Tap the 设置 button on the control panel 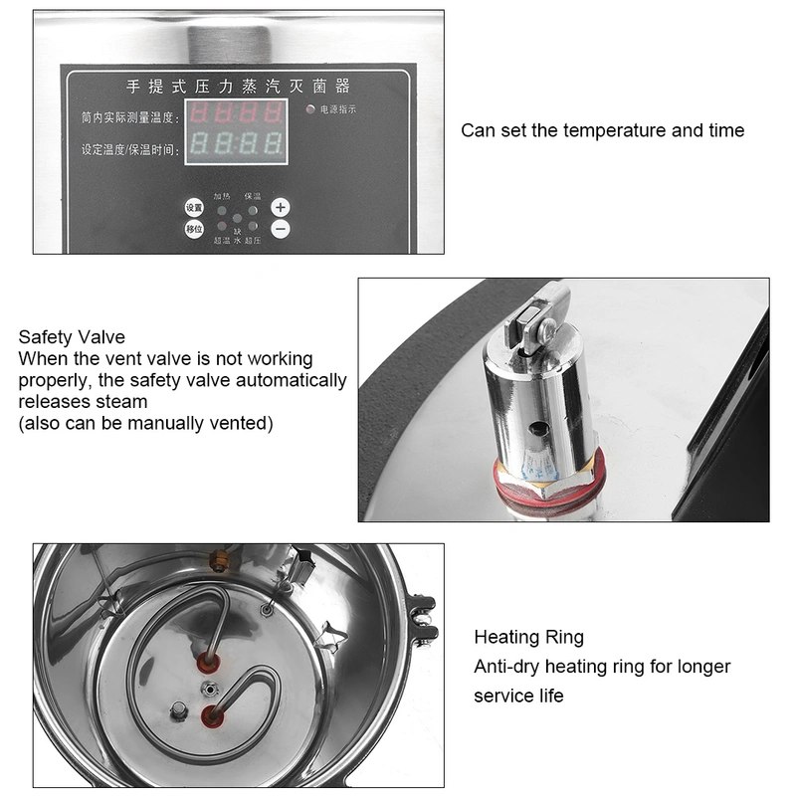194,208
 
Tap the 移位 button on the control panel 194,230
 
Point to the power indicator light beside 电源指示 310,109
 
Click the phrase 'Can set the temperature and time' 602,130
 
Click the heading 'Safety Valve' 72,337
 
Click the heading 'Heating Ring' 528,637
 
